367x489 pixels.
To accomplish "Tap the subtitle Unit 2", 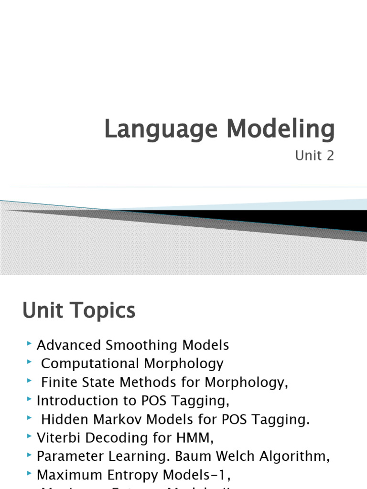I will (x=314, y=156).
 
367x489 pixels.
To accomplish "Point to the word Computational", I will (x=88, y=363).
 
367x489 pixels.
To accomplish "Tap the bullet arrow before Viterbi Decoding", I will (x=30, y=436).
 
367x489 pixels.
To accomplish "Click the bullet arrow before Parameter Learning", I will (x=30, y=455).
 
